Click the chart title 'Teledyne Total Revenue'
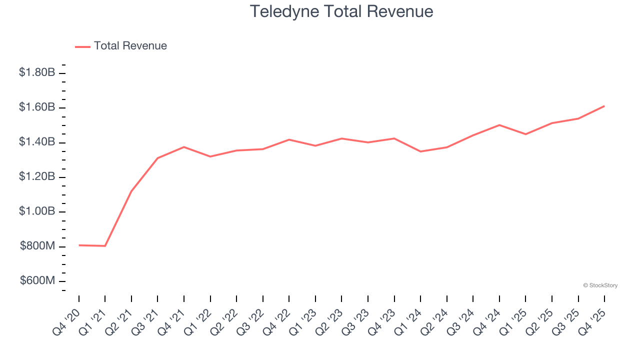(341, 11)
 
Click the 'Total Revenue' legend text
(130, 46)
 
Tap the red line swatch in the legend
(82, 46)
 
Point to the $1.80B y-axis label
(37, 72)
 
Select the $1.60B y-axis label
(37, 107)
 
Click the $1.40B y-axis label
(37, 142)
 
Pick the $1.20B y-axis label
(37, 177)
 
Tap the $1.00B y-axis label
(37, 211)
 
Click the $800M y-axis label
(37, 246)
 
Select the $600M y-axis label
(37, 281)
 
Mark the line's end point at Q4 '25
(604, 106)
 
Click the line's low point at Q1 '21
(105, 246)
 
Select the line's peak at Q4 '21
(184, 147)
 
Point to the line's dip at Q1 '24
(420, 151)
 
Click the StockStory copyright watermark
(600, 285)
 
